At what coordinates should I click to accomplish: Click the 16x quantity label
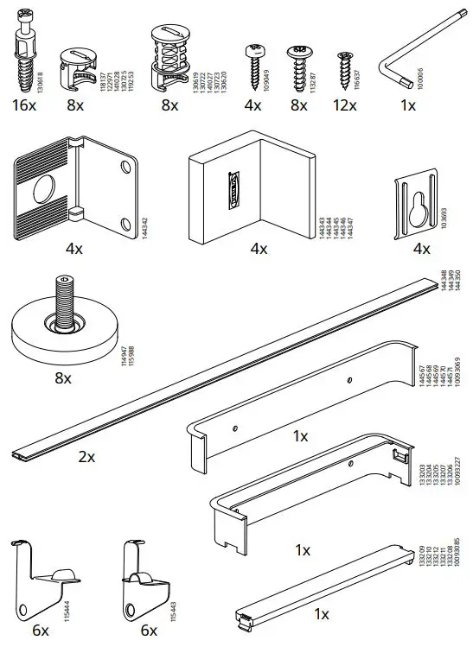coord(24,105)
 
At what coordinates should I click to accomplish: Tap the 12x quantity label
coord(344,105)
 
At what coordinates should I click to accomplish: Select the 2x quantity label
coord(86,457)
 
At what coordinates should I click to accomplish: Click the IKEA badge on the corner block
coord(232,190)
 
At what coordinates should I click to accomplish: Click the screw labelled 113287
coord(299,63)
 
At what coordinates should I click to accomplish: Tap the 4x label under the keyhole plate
coord(421,249)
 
